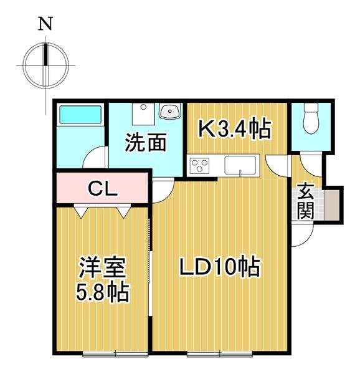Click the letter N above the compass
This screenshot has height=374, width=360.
tap(45, 24)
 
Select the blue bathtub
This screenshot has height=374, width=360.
tap(80, 117)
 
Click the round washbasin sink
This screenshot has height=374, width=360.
tap(169, 112)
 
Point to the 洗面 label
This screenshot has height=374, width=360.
tap(145, 143)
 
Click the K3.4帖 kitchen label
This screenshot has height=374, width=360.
tap(234, 129)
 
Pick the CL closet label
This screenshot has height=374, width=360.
tap(103, 188)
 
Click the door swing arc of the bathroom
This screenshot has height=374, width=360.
tap(95, 156)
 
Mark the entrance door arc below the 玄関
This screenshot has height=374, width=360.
tap(301, 236)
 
